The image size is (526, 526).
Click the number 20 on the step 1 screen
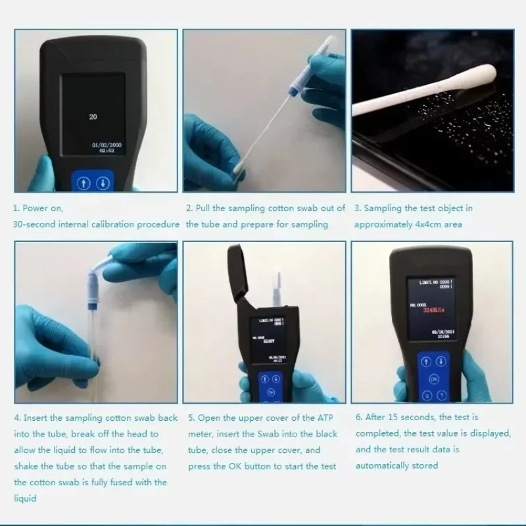[93, 116]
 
